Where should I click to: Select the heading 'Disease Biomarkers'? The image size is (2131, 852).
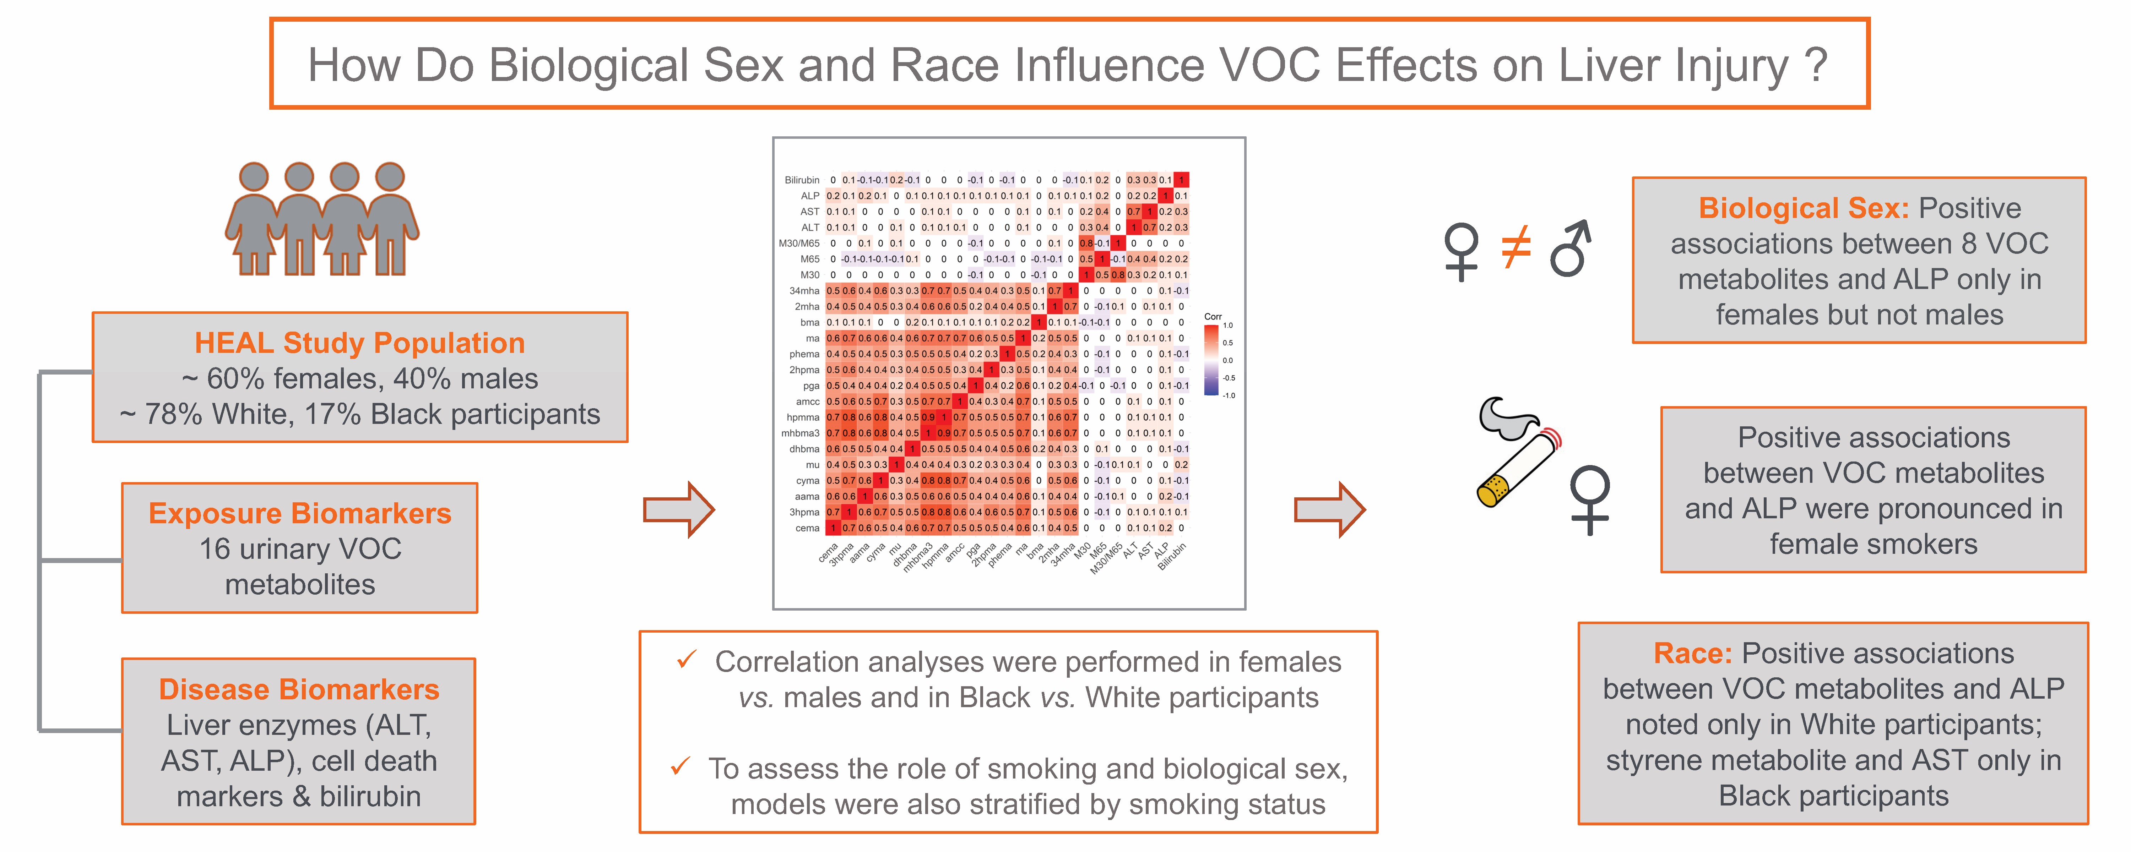pos(299,689)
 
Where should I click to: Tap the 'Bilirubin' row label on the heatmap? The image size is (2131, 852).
pos(802,180)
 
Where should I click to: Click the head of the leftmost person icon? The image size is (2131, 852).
pos(254,176)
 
